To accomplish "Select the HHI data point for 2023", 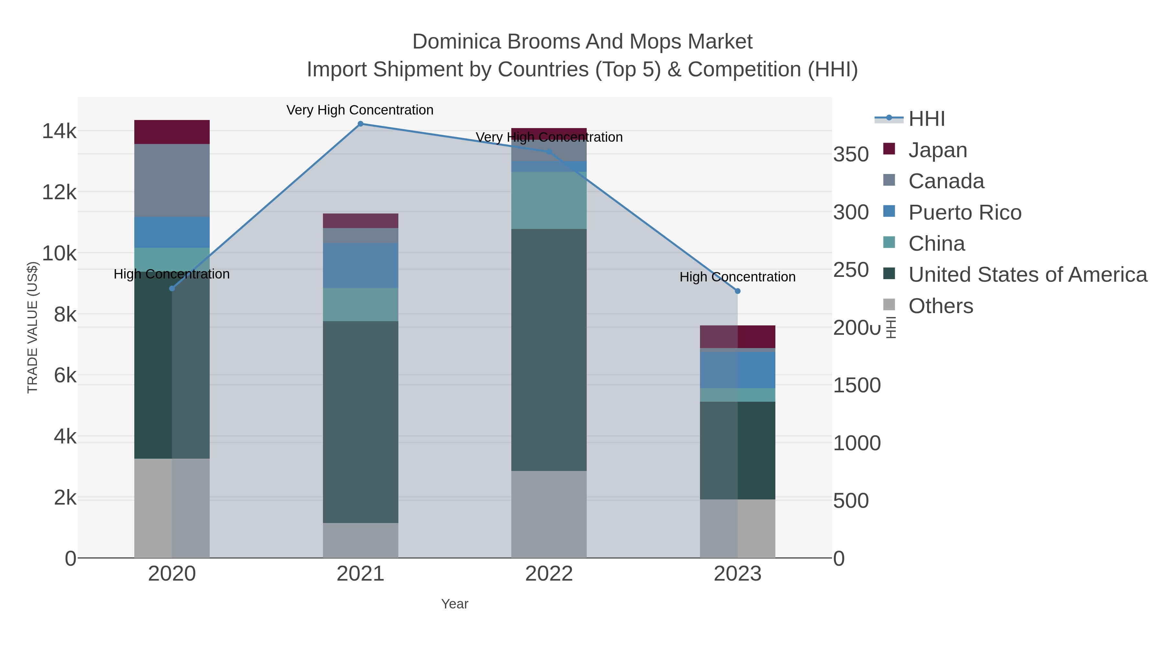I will pos(738,291).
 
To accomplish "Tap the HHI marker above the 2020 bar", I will pos(172,289).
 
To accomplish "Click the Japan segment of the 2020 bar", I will pos(172,132).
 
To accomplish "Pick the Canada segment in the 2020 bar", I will pos(172,180).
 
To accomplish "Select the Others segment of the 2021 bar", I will pos(361,540).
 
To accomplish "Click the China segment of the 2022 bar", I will pos(549,200).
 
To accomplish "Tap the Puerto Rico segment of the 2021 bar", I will pos(361,265).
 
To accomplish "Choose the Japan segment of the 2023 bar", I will pos(738,337).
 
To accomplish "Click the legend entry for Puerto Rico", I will pos(964,213).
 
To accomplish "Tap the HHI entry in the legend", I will pos(926,119).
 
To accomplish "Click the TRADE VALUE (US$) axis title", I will pos(33,327).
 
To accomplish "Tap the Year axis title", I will pos(455,604).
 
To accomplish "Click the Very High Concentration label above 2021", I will pos(360,110).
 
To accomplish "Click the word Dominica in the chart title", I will pos(457,42).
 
